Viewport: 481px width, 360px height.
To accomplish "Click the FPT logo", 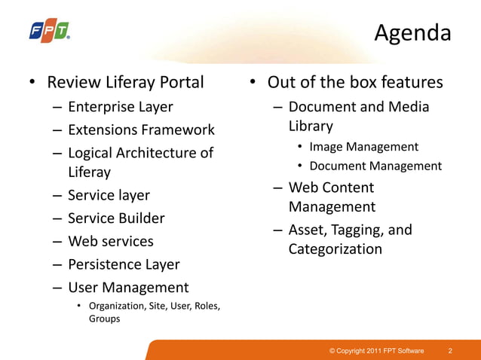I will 49,31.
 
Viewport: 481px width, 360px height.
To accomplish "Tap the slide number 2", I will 450,351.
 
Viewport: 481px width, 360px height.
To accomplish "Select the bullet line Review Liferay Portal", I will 125,82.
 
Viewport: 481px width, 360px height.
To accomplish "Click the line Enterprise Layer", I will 120,107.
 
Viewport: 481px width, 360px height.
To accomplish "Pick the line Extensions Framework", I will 141,130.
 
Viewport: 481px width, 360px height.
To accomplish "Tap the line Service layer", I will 109,195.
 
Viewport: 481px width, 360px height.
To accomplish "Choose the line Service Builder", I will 116,218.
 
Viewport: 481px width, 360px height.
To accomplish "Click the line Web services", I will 110,241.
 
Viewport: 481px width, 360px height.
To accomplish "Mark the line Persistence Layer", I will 124,264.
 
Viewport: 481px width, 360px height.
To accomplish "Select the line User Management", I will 128,287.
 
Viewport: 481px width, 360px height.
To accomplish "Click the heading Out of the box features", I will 355,82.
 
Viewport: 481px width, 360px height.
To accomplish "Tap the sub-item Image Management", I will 363,147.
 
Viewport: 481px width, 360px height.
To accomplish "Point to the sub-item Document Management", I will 375,166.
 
